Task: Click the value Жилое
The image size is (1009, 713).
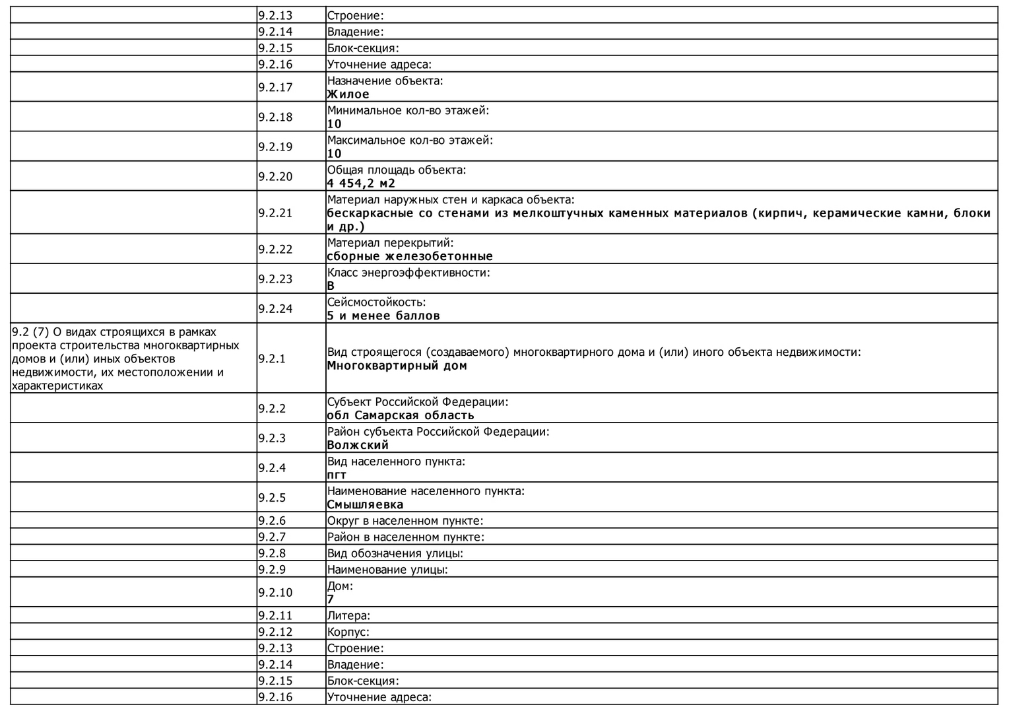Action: pyautogui.click(x=348, y=94)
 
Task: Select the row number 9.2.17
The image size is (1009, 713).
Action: pyautogui.click(x=275, y=87)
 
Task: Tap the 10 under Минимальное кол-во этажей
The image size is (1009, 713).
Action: pyautogui.click(x=335, y=124)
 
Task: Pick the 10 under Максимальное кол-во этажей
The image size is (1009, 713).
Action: pyautogui.click(x=335, y=154)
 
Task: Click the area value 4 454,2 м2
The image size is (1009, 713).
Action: pyautogui.click(x=361, y=184)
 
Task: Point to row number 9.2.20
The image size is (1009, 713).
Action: pyautogui.click(x=275, y=176)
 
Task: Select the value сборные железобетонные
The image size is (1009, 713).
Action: pyautogui.click(x=410, y=256)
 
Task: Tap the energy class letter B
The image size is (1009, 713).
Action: pyautogui.click(x=331, y=286)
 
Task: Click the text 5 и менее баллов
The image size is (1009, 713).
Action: pyautogui.click(x=383, y=316)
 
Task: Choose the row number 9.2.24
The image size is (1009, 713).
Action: pyautogui.click(x=275, y=308)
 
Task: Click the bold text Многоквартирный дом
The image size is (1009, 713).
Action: pyautogui.click(x=397, y=366)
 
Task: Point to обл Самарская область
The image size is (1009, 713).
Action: pyautogui.click(x=401, y=415)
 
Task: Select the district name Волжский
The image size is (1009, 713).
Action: pyautogui.click(x=358, y=445)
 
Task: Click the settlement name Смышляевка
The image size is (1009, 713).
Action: pyautogui.click(x=365, y=505)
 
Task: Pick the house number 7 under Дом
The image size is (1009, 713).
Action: pyautogui.click(x=331, y=599)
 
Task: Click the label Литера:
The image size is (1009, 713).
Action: pyautogui.click(x=348, y=616)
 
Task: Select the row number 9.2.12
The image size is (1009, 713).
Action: pyautogui.click(x=275, y=632)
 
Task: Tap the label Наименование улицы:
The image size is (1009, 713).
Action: pyautogui.click(x=387, y=570)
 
